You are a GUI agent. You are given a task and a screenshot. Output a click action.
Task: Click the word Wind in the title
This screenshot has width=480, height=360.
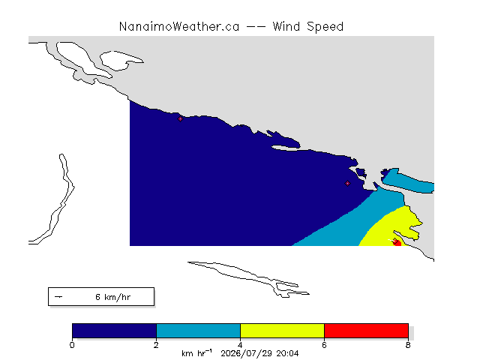[286, 26]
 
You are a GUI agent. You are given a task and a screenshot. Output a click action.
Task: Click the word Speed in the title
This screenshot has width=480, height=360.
[325, 27]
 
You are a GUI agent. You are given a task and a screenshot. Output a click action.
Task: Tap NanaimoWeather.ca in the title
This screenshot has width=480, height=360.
[179, 27]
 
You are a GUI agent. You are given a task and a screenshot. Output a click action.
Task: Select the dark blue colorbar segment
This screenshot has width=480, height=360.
[115, 331]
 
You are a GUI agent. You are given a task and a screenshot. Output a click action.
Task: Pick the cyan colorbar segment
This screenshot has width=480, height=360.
[198, 331]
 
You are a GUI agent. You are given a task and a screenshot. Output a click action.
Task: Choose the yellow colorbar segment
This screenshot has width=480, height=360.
[282, 331]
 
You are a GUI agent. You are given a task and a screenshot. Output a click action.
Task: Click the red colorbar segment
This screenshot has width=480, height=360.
[366, 331]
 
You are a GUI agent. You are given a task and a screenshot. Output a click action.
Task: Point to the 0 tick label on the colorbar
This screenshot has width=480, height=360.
[72, 345]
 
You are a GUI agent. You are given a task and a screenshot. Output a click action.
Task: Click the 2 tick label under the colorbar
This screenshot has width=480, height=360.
[156, 345]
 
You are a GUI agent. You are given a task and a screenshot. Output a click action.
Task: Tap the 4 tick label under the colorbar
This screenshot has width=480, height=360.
[240, 345]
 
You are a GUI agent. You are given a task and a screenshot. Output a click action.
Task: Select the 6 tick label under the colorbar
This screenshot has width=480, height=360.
[324, 345]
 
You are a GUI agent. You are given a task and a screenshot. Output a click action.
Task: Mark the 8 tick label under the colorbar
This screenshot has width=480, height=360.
[408, 345]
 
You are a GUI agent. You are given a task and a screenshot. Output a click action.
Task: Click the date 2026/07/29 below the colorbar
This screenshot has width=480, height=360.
[247, 353]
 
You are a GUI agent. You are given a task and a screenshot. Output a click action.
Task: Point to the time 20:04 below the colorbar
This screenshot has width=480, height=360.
[287, 353]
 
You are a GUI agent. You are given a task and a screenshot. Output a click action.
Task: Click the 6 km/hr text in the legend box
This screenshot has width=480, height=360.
[113, 297]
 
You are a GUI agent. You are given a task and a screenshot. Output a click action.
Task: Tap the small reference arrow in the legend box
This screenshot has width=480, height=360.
[58, 297]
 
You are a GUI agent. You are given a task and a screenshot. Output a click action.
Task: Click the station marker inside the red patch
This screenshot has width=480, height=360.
[395, 241]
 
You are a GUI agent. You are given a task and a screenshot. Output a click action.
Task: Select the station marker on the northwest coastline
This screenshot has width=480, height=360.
[180, 118]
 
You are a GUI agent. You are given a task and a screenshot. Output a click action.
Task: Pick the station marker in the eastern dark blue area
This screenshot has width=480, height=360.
[347, 183]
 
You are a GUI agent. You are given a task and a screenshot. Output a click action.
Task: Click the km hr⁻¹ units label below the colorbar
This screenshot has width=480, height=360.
[196, 353]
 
